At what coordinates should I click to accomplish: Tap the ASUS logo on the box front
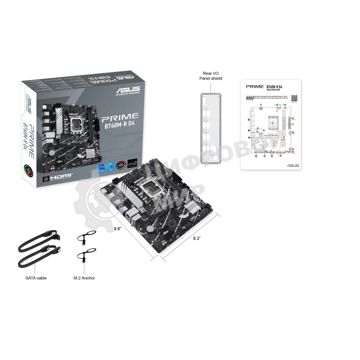click(x=127, y=89)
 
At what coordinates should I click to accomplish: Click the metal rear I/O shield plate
click(x=211, y=126)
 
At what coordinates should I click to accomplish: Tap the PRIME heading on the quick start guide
click(x=254, y=86)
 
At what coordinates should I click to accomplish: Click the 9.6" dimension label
click(x=117, y=228)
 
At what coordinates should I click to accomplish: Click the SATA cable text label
click(x=36, y=278)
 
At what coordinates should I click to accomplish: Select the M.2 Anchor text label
click(x=84, y=278)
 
